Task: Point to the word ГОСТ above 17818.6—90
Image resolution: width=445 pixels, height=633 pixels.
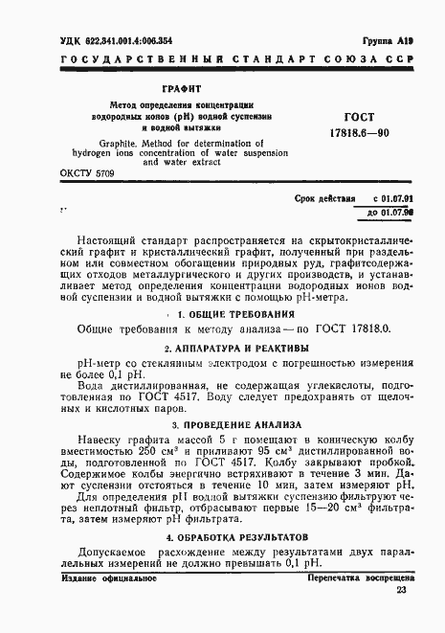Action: point(358,113)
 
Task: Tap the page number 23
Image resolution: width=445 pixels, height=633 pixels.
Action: point(401,618)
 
